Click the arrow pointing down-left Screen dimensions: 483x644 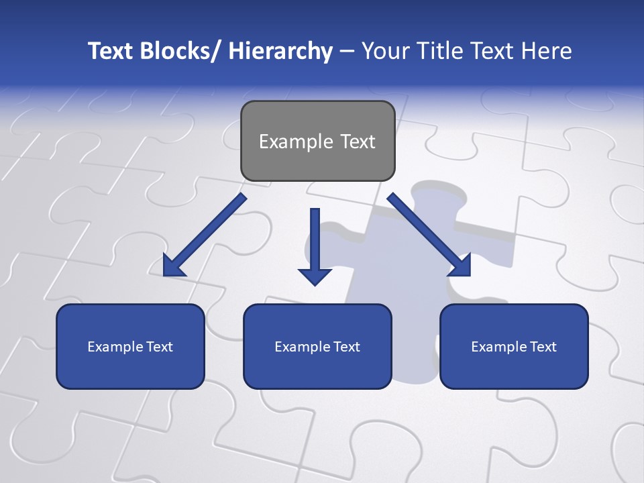coord(208,232)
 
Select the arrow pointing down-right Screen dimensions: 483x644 coord(426,232)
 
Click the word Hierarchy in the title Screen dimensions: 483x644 coord(280,51)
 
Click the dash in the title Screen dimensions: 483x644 coord(347,51)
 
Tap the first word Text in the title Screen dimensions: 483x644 coord(110,51)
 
